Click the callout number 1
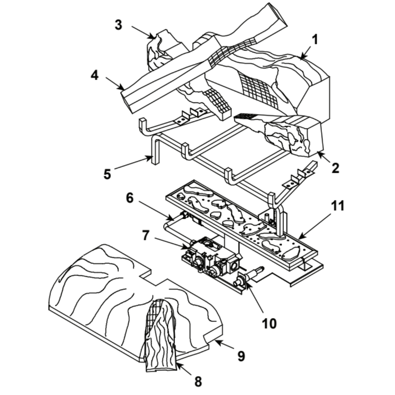pyautogui.click(x=314, y=40)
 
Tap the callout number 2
pyautogui.click(x=335, y=169)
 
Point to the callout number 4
pyautogui.click(x=94, y=75)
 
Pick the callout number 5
pyautogui.click(x=107, y=174)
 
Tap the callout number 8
pyautogui.click(x=198, y=382)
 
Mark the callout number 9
pyautogui.click(x=241, y=356)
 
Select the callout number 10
pyautogui.click(x=270, y=323)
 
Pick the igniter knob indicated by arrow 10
pyautogui.click(x=240, y=282)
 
